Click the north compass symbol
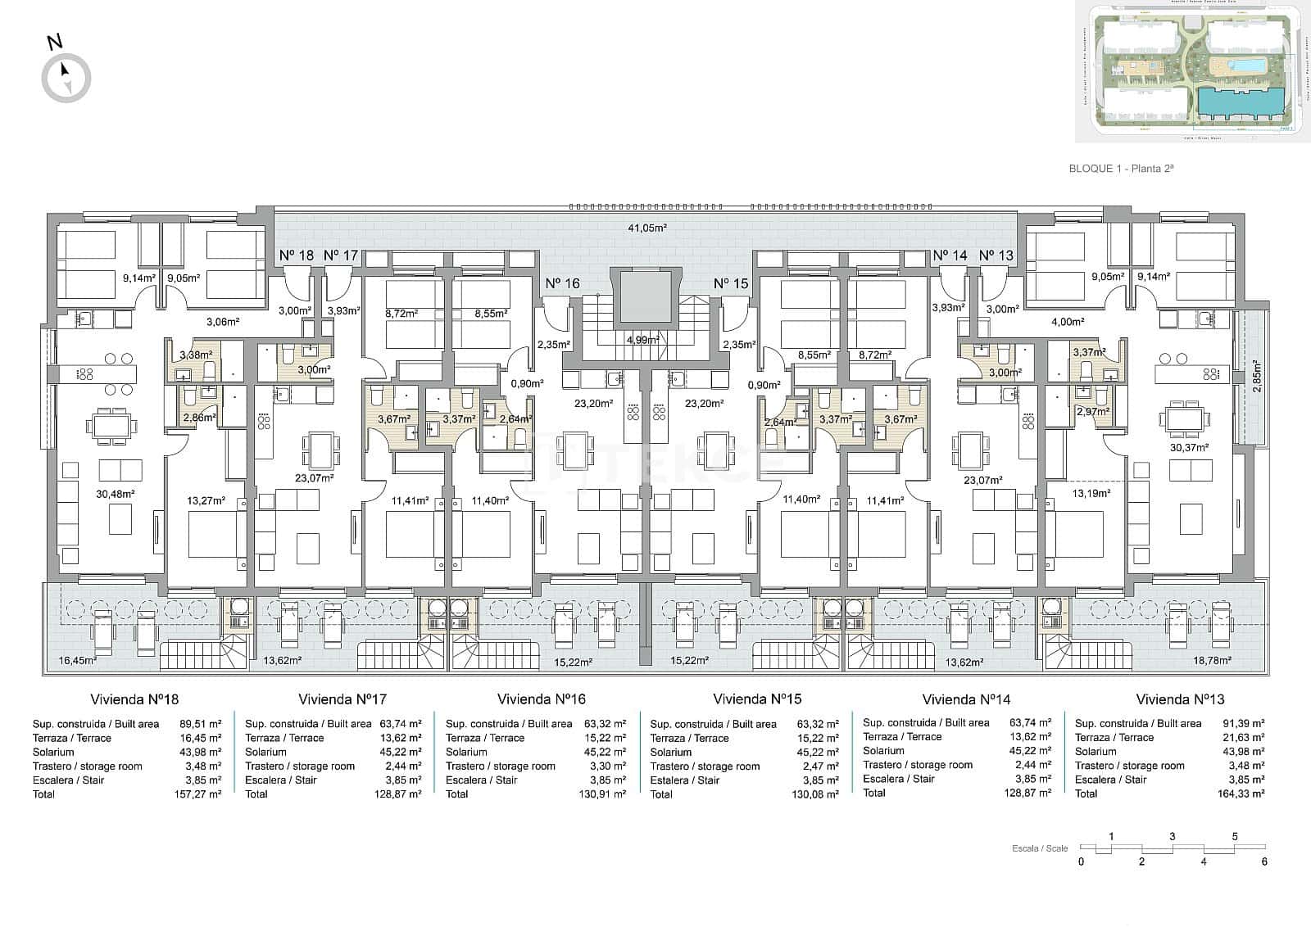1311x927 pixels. coord(66,78)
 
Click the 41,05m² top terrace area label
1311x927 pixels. coord(646,228)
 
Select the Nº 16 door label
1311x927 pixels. coord(562,283)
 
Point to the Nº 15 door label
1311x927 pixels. coord(730,283)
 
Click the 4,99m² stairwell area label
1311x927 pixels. coord(642,339)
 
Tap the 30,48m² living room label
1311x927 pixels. coord(115,494)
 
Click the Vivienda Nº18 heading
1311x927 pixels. coord(134,699)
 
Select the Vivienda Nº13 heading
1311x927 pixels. coord(1180,699)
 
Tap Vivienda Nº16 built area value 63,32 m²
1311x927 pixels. coord(606,724)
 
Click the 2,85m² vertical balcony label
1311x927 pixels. coord(1256,378)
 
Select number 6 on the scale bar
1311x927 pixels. coord(1264,861)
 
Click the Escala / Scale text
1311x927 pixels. coord(1040,848)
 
